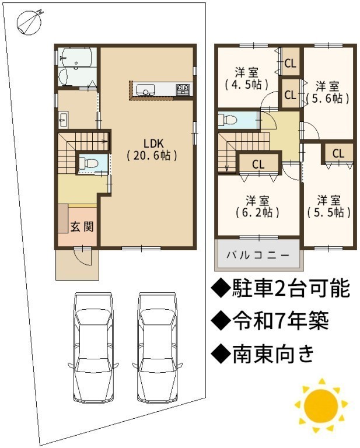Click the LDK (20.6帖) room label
pos(152,149)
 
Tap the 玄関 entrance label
pos(82,226)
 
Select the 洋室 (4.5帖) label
pos(247,78)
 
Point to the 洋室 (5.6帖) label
pos(327,92)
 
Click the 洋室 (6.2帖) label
pos(257,206)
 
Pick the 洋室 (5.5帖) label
pos(329,206)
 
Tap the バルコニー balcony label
pos(258,255)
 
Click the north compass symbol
pos(29,22)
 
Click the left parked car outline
pos(93,348)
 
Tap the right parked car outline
pos(158,348)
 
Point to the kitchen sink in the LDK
pos(145,89)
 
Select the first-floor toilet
pos(89,163)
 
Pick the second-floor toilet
pos(228,119)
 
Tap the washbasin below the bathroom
pos(63,120)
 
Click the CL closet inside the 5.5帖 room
pos(338,154)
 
